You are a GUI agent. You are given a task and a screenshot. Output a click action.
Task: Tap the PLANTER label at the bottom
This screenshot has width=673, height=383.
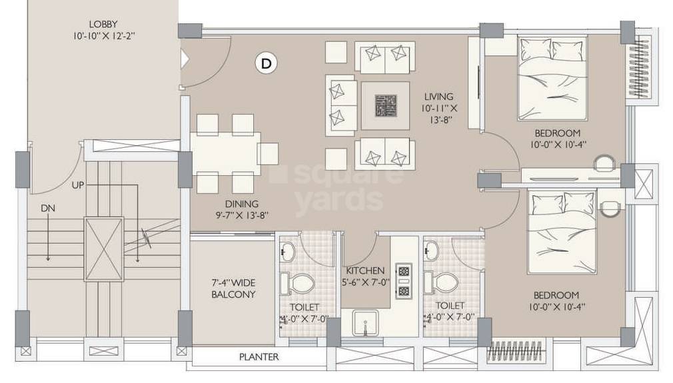coord(259,358)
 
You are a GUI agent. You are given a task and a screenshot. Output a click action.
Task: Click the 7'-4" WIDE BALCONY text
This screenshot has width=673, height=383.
coord(233,288)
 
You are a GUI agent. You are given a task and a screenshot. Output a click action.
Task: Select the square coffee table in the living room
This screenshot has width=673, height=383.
coord(385,105)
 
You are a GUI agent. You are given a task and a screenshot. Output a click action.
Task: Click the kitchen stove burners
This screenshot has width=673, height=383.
coord(403,280)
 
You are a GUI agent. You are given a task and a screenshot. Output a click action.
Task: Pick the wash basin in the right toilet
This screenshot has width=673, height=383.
coord(432,250)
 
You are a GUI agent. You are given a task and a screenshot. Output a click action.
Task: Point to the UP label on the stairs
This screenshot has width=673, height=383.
coord(78,185)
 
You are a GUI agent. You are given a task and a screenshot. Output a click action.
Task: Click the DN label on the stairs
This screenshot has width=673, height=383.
coord(47,208)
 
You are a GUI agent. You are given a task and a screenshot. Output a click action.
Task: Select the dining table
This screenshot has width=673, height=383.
coord(225,154)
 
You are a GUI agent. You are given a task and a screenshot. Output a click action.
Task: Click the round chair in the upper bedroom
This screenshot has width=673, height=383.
coord(604,163)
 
